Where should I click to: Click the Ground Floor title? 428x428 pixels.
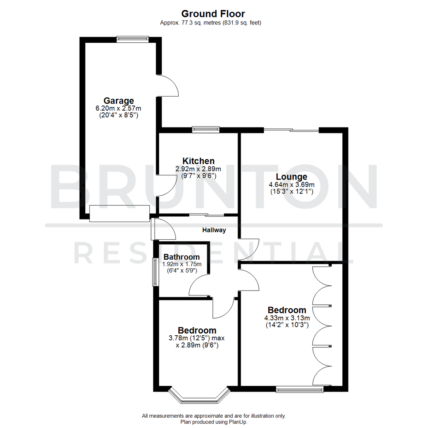214,15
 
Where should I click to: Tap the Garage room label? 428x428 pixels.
119,101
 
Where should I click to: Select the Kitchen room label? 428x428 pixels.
199,161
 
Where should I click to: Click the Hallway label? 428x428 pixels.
214,230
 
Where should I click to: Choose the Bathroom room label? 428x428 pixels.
182,257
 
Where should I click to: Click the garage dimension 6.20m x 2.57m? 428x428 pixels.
119,108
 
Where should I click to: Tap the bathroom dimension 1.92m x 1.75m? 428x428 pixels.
182,264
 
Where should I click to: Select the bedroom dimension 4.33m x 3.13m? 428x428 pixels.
287,318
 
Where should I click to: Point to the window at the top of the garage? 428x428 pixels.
132,39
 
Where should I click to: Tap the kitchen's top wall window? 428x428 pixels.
206,129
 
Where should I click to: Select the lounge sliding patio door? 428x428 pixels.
291,130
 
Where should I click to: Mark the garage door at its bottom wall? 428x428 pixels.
119,214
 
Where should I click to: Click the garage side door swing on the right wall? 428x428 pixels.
168,86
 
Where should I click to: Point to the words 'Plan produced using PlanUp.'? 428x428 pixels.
214,422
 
